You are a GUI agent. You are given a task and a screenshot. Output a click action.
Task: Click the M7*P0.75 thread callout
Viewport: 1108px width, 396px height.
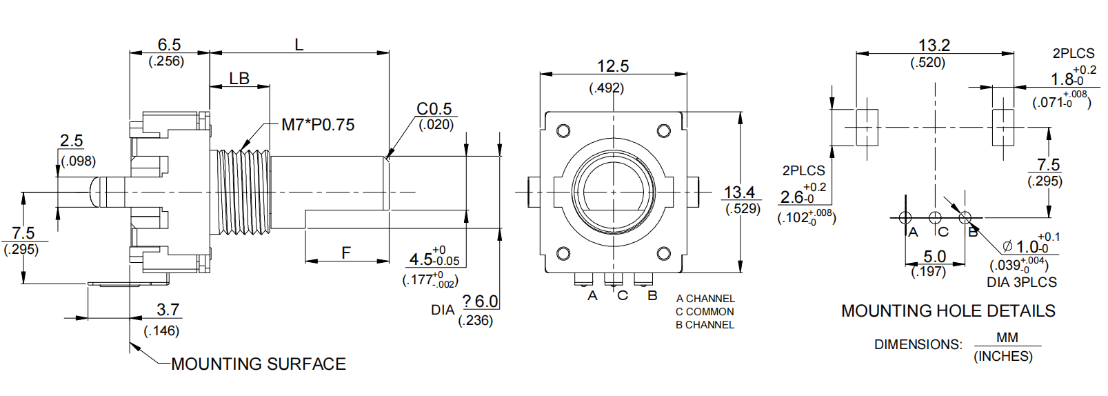pyautogui.click(x=318, y=125)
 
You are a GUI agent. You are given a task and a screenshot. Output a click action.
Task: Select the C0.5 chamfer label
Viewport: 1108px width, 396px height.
pyautogui.click(x=434, y=109)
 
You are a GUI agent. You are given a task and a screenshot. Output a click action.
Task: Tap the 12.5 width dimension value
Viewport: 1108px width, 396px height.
pyautogui.click(x=612, y=66)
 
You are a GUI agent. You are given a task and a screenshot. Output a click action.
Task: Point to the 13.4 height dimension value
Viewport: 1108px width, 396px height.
pyautogui.click(x=739, y=192)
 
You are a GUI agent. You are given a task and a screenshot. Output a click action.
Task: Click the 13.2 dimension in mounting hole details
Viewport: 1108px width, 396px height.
pyautogui.click(x=934, y=46)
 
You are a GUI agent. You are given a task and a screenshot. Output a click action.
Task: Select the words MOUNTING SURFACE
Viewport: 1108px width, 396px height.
pyautogui.click(x=259, y=364)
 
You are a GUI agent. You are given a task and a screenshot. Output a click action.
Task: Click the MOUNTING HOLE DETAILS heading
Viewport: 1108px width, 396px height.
pyautogui.click(x=948, y=311)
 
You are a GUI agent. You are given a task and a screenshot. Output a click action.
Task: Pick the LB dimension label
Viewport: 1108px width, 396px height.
pyautogui.click(x=239, y=79)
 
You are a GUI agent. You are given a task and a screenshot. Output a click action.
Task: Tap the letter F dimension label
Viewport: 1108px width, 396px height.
pyautogui.click(x=346, y=253)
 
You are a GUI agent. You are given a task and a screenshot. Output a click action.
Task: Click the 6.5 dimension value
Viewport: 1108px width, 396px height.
pyautogui.click(x=169, y=45)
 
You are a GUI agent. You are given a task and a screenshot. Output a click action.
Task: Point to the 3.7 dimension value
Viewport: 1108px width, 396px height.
pyautogui.click(x=168, y=310)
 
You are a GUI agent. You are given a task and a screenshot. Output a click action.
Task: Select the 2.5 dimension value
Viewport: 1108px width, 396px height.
pyautogui.click(x=71, y=141)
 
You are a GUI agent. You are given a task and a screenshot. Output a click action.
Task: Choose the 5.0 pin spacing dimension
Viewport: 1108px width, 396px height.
pyautogui.click(x=934, y=257)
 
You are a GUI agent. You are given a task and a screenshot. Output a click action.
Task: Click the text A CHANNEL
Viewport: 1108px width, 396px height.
pyautogui.click(x=705, y=299)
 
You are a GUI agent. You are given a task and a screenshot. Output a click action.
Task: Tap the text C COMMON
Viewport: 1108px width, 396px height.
pyautogui.click(x=705, y=312)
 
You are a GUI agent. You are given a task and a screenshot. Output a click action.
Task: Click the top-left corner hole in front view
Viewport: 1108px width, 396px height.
pyautogui.click(x=563, y=131)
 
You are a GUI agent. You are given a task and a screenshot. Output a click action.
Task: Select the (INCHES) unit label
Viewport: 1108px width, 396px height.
pyautogui.click(x=1003, y=357)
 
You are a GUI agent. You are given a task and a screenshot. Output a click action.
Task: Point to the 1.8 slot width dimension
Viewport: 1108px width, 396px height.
pyautogui.click(x=1062, y=79)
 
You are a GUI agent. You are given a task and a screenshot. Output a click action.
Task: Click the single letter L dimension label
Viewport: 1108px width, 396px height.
pyautogui.click(x=299, y=45)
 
